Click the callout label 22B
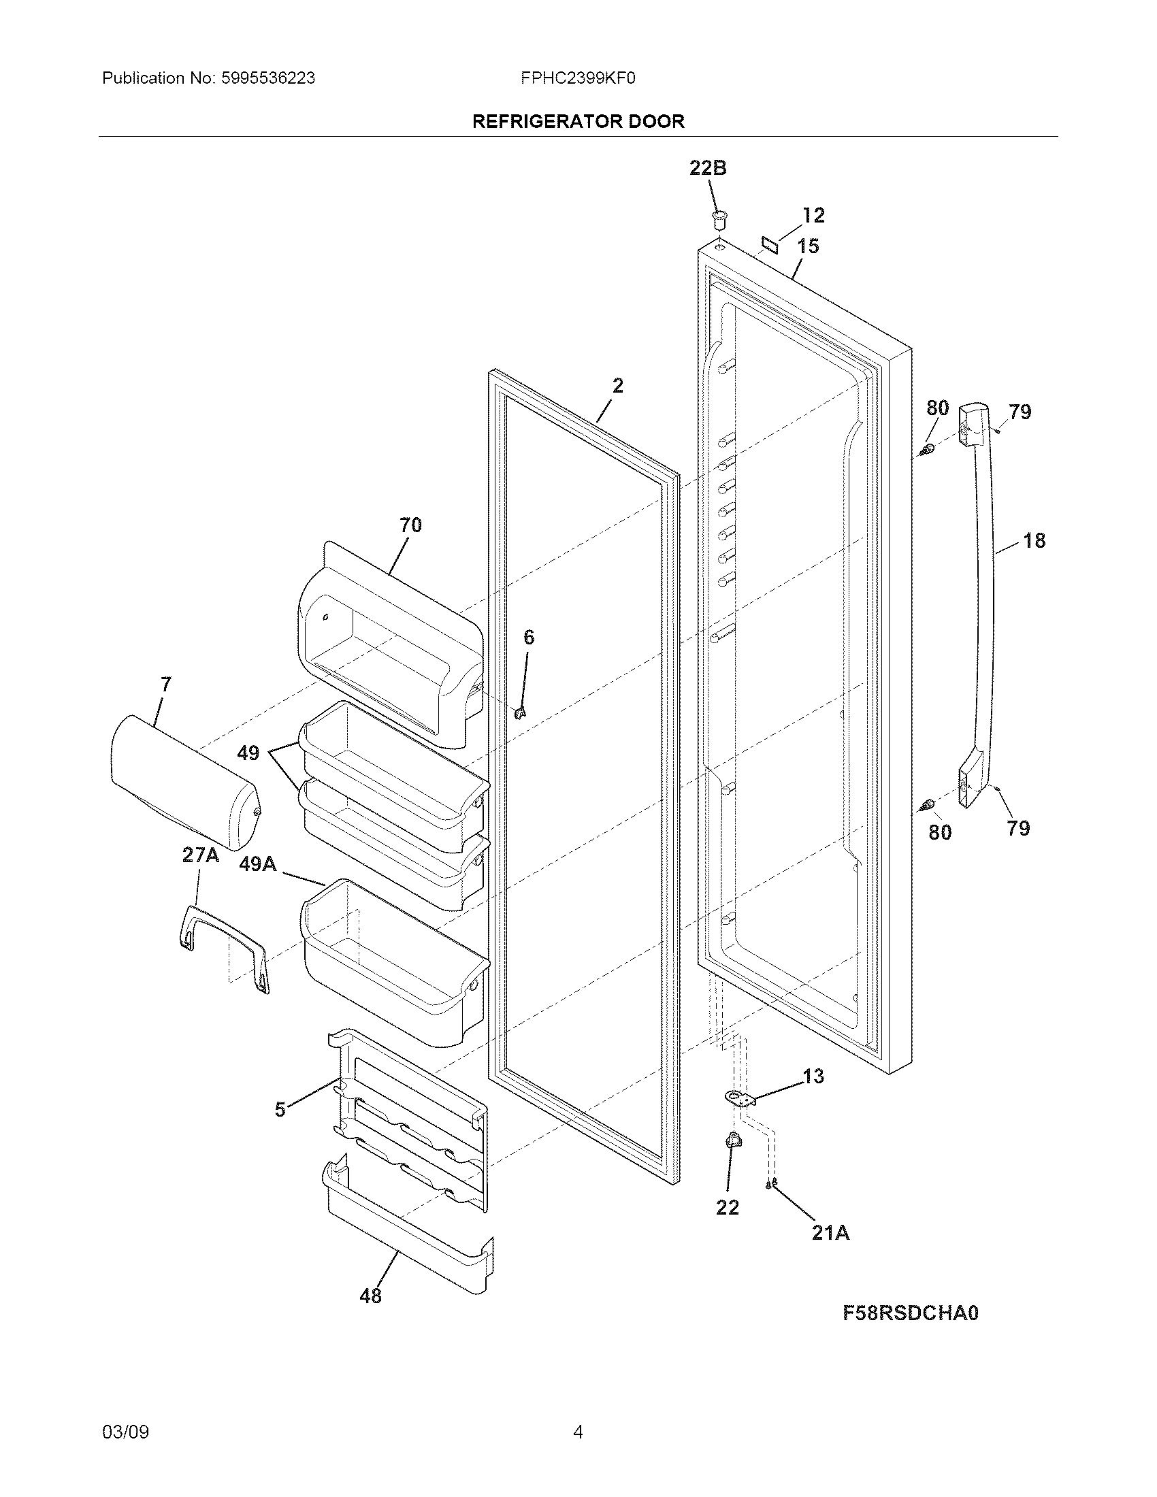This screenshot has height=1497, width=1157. coord(707,168)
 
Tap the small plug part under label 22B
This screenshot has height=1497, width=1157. coord(718,220)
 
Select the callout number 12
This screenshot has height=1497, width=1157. coord(813,215)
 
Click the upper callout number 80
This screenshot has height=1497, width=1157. coord(937,408)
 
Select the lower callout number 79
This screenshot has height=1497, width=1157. coord(1018,828)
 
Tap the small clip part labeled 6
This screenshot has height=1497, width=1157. coord(520,713)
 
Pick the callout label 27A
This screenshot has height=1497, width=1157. coord(200,855)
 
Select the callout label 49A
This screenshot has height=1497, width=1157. coord(258,864)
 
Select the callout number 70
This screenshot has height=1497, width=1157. coord(410,525)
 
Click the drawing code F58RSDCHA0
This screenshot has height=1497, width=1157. coord(909,1313)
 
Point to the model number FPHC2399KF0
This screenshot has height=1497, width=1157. coord(578,78)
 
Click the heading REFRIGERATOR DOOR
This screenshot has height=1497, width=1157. coord(578,121)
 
